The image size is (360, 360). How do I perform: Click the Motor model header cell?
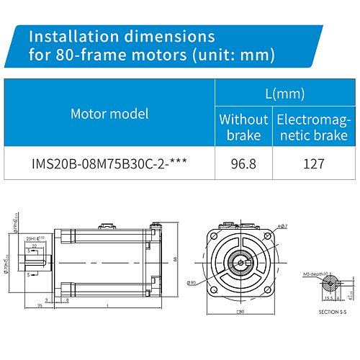click(109, 113)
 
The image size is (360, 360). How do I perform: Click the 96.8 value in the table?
click(243, 163)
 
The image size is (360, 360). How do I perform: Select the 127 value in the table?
click(314, 163)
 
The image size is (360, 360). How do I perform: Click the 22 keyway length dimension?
click(33, 246)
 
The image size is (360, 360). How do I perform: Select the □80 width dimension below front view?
click(242, 312)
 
